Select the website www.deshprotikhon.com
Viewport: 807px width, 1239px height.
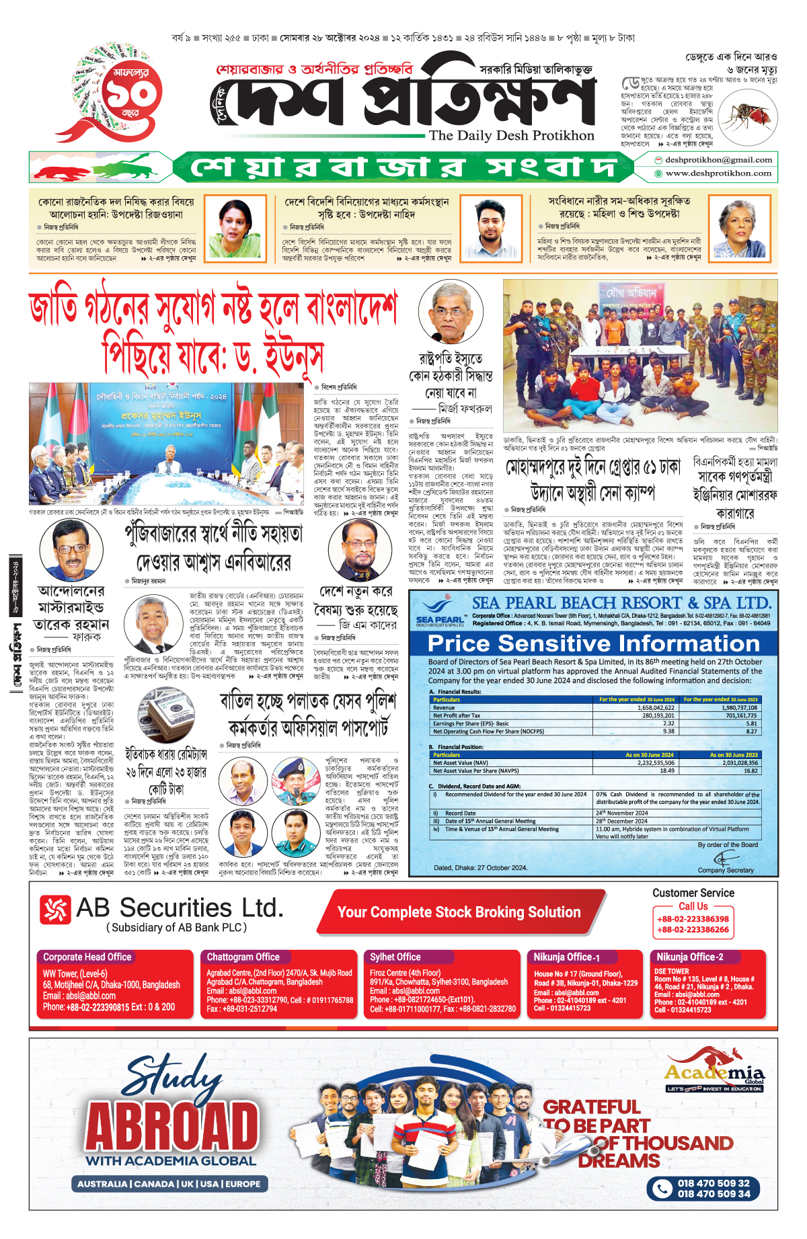(x=718, y=173)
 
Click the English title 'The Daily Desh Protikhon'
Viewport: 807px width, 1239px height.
(x=512, y=136)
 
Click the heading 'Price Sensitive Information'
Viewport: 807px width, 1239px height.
(x=593, y=643)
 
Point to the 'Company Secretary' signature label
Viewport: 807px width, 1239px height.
(x=726, y=870)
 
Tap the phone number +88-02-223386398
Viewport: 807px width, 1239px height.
(x=693, y=919)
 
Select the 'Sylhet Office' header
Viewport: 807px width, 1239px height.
(x=395, y=957)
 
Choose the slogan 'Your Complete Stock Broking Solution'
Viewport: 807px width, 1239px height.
(x=459, y=912)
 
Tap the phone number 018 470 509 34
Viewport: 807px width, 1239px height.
(x=714, y=1194)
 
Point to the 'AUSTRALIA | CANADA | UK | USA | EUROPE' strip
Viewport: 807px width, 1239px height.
(x=169, y=1184)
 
